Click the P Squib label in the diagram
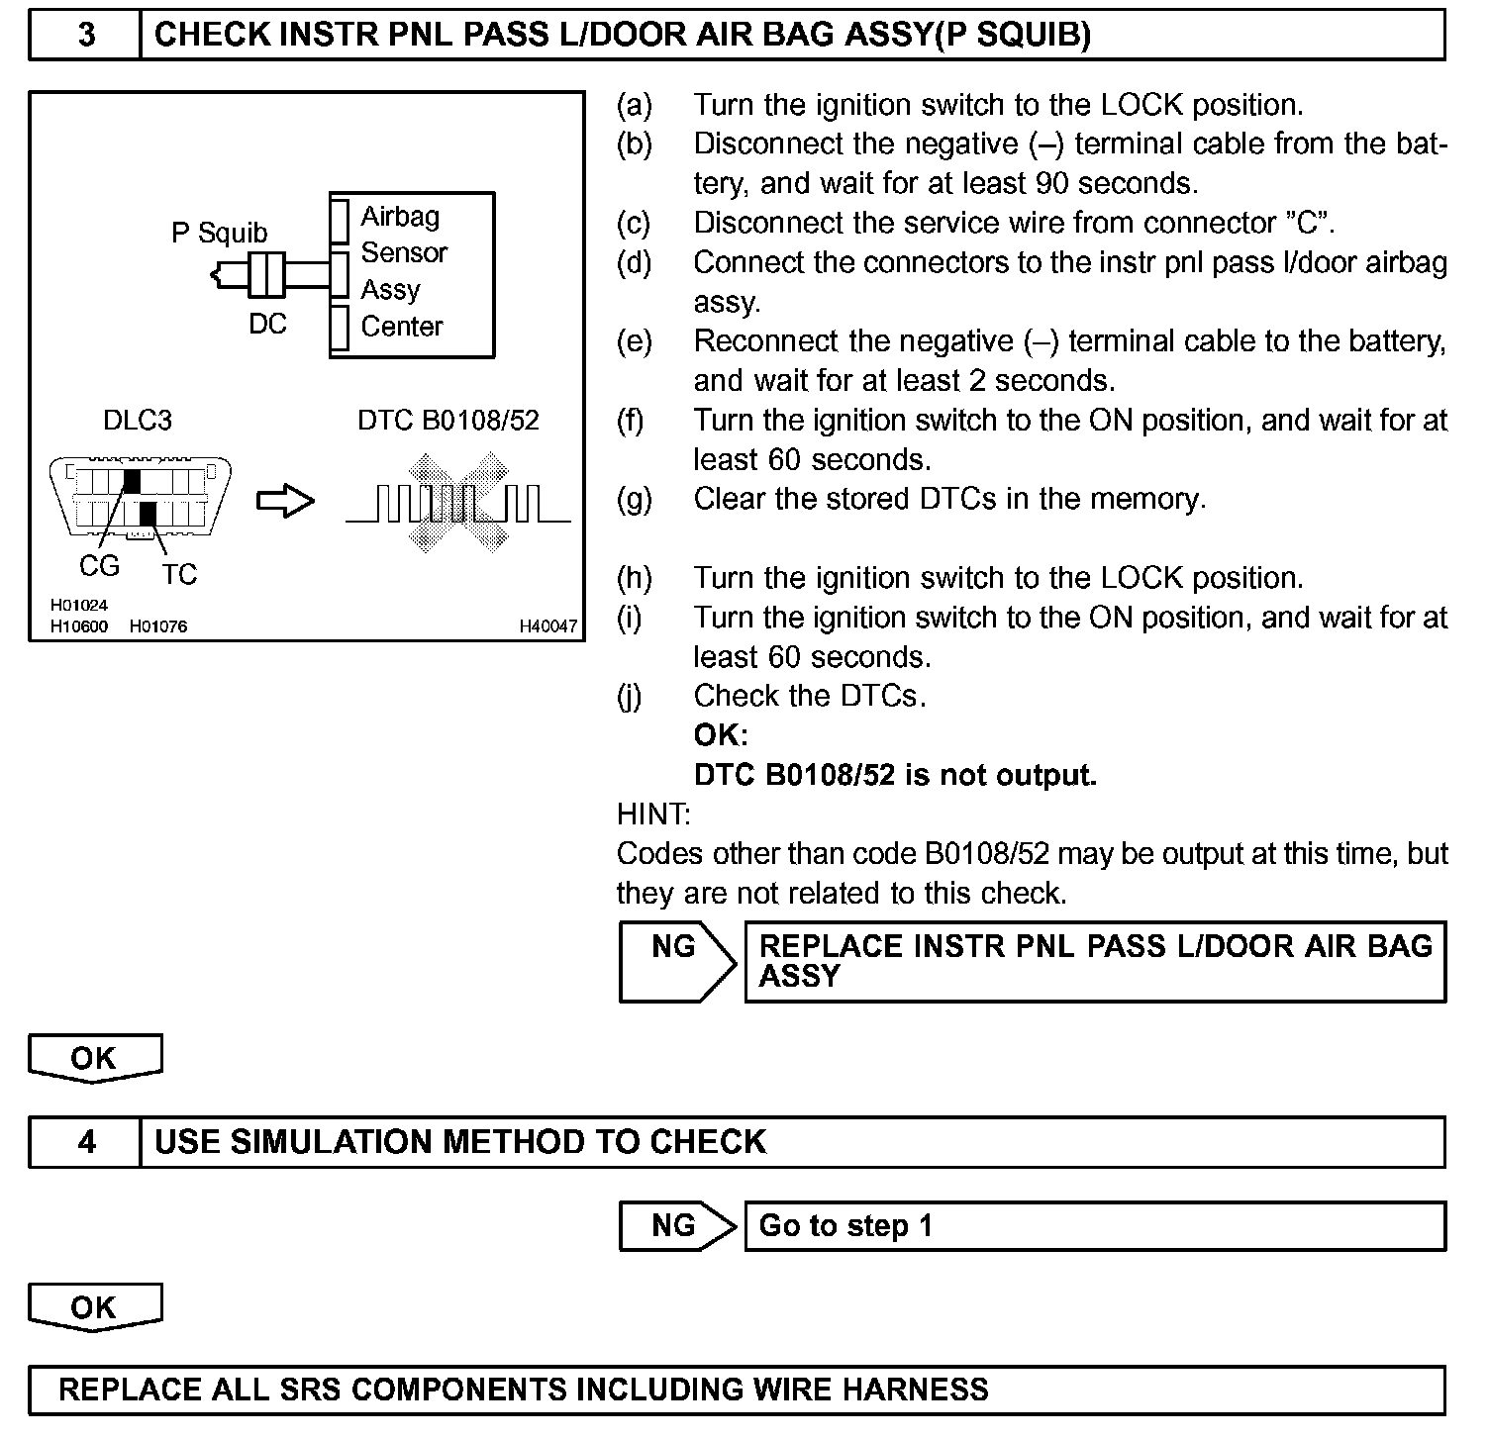(219, 233)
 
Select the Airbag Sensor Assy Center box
(412, 274)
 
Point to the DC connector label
(267, 324)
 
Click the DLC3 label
(138, 421)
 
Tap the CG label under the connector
(99, 566)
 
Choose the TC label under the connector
(179, 574)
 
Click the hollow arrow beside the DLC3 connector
(286, 502)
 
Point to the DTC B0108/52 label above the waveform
(448, 421)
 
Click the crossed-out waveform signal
(457, 503)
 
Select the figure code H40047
(547, 626)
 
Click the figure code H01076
(158, 626)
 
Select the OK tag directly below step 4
(94, 1307)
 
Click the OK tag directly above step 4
(94, 1058)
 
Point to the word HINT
(653, 815)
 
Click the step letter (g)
(634, 499)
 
